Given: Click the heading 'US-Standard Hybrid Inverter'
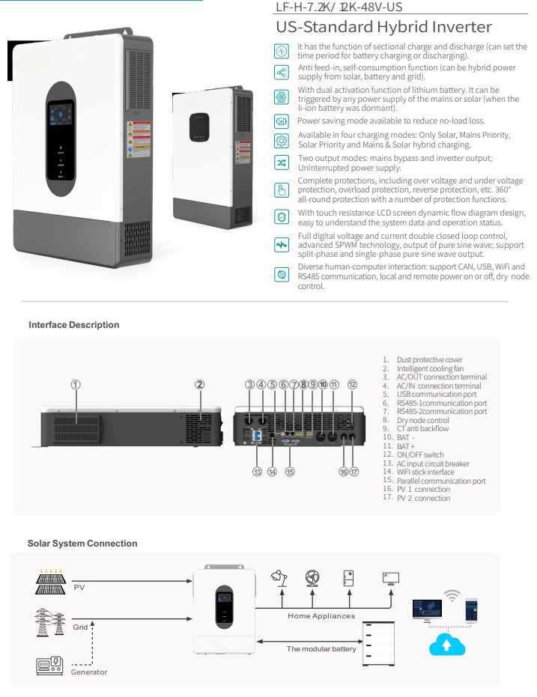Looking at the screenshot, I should click(383, 28).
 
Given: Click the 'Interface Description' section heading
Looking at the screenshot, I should click(73, 325).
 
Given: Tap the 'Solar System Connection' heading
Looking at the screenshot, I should click(82, 544).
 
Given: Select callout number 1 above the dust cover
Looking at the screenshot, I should click(76, 384).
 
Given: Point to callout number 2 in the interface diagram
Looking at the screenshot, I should click(200, 384).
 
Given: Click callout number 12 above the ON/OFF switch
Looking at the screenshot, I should click(352, 384).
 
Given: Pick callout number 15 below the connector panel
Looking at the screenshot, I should click(290, 472).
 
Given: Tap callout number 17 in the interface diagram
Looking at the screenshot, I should click(354, 472).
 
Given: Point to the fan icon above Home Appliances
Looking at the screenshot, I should click(312, 578).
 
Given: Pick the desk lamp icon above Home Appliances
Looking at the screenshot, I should click(282, 577).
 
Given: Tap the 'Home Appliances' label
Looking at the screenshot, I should click(321, 616).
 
